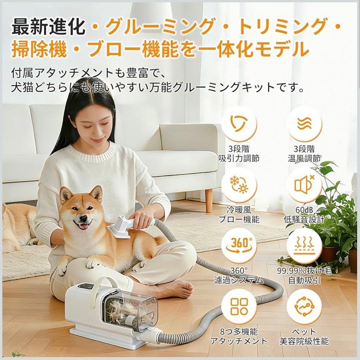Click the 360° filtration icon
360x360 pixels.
coord(239,246)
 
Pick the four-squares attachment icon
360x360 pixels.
coord(239,306)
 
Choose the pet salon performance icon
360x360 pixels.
coord(304,306)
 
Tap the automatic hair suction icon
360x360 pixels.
coord(304,246)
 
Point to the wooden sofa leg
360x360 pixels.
coord(209,200)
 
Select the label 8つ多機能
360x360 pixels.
coord(239,332)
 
